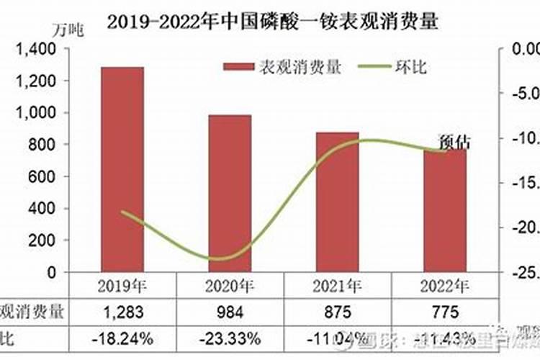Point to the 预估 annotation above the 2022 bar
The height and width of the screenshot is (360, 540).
[454, 142]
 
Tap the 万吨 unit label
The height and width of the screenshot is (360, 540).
[68, 30]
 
